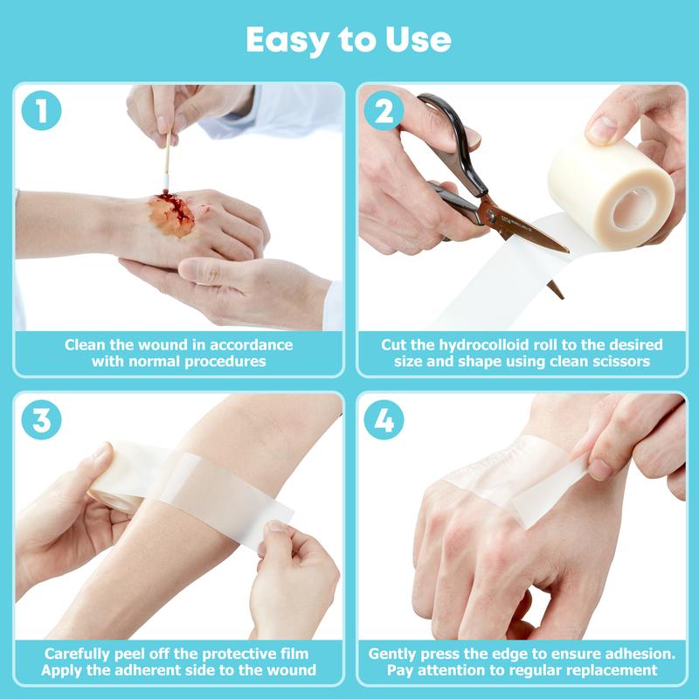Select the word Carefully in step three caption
click(x=79, y=653)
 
